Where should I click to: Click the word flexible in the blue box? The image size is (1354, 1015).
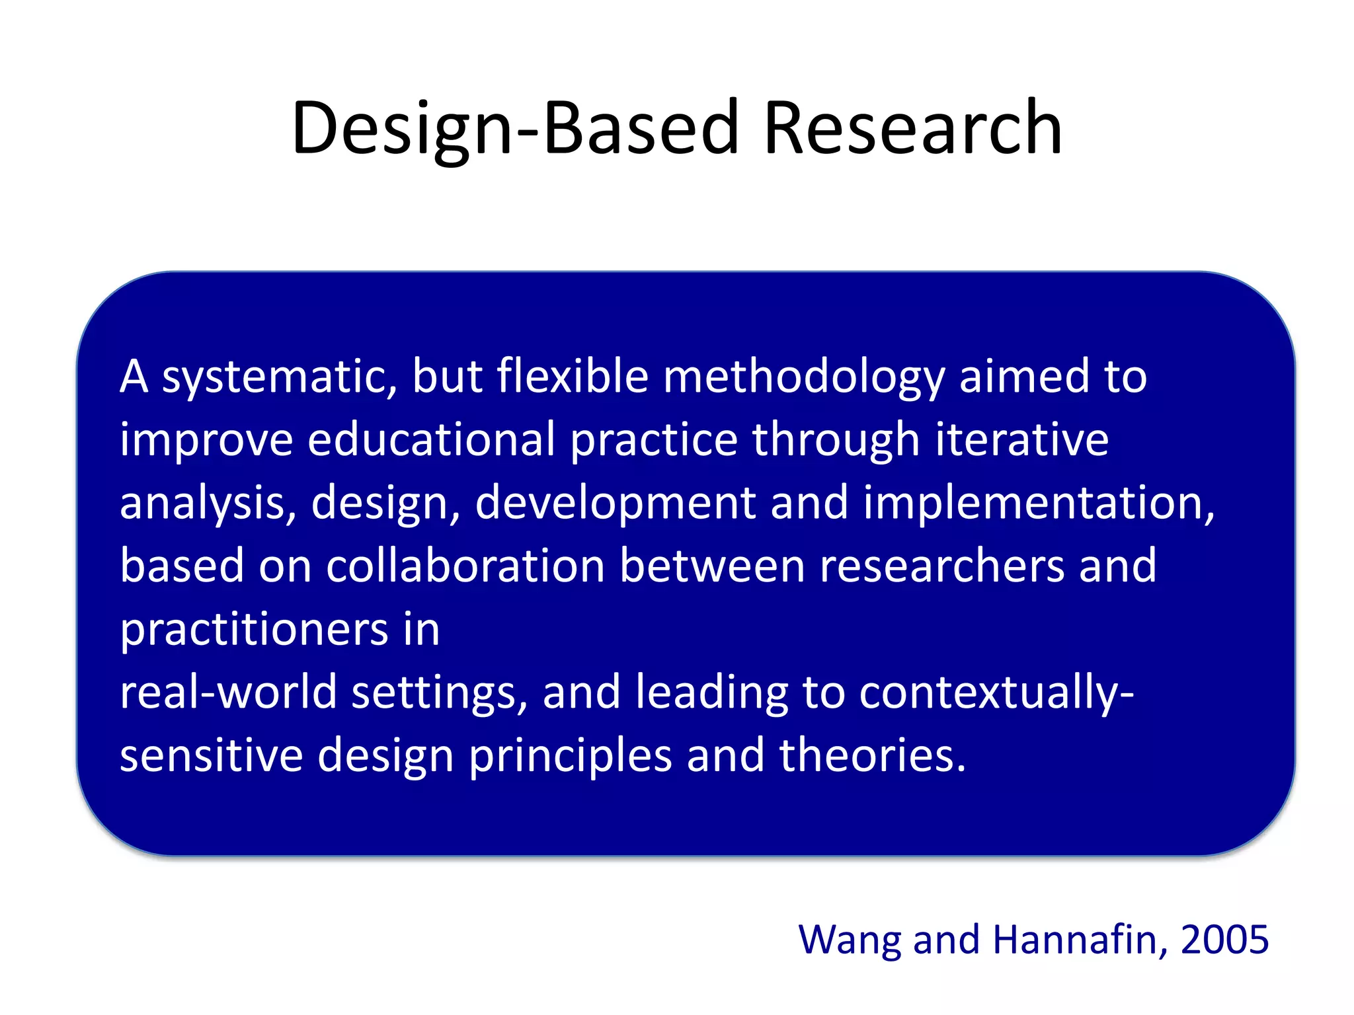[573, 377]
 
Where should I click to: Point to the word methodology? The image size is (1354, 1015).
[803, 377]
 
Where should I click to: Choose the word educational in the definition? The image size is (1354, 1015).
[431, 440]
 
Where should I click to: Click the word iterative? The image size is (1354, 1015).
[1021, 440]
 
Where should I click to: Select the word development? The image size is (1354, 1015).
[615, 503]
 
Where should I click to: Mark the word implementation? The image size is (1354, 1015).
[1039, 503]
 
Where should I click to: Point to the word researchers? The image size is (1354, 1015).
[941, 566]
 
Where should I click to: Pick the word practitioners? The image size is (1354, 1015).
[254, 630]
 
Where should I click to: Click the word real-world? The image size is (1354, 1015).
[228, 693]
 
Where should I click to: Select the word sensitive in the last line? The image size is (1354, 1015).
[211, 755]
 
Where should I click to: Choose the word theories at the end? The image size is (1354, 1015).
[873, 755]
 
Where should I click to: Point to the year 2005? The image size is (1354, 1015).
[1224, 940]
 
